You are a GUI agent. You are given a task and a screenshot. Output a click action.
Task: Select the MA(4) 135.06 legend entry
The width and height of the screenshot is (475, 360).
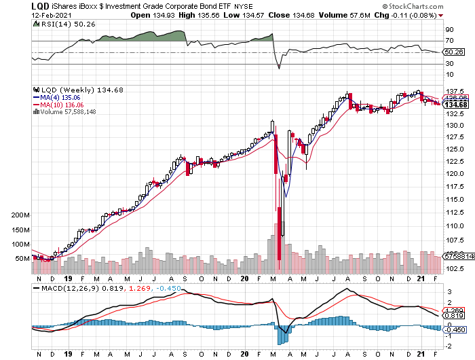point(66,97)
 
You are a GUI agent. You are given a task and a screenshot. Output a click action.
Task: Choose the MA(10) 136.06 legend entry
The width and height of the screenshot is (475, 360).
point(67,105)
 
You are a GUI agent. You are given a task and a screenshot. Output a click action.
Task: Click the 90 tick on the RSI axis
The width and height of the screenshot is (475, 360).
point(449,30)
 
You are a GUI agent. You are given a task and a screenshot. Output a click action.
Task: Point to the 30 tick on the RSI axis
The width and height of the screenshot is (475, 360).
point(449,64)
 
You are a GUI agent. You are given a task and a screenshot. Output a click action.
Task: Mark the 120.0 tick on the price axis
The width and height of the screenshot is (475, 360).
point(453,173)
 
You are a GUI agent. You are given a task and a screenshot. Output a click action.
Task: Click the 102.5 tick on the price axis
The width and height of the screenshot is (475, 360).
point(453,268)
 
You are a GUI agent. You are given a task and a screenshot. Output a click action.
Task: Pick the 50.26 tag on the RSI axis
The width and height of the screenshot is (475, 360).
point(453,52)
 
